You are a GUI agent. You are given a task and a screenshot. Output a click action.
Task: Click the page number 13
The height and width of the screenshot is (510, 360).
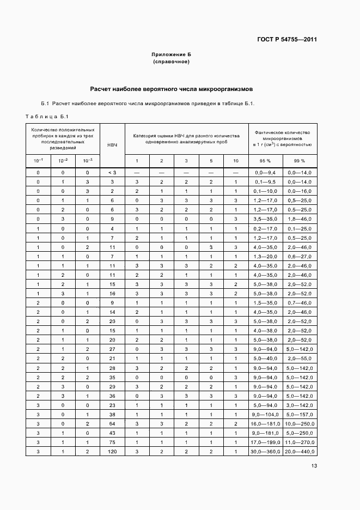point(314,465)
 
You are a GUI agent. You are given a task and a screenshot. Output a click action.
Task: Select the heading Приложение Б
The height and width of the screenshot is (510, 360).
point(171,55)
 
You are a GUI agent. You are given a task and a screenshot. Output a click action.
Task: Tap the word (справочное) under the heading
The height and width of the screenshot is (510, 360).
point(171,62)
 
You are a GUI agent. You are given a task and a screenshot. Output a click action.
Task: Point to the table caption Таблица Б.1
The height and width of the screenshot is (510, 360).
point(46,116)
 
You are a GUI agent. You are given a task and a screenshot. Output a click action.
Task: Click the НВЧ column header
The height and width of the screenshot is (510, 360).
point(112,145)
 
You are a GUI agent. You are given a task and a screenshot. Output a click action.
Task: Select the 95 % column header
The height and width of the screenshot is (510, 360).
point(264,161)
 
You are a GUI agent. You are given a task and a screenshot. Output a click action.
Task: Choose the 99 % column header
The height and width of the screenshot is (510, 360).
point(300,161)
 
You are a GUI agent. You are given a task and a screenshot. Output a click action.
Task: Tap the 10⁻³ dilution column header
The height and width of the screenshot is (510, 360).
point(88,160)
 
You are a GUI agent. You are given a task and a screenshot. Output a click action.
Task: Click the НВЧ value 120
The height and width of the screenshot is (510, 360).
point(112,451)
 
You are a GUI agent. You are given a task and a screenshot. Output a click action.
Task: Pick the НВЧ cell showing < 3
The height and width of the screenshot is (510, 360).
point(112,172)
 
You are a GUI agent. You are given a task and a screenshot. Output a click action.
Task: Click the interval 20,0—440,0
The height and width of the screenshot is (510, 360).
point(300,451)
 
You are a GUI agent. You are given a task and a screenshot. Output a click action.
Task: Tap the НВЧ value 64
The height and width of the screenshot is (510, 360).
point(112,424)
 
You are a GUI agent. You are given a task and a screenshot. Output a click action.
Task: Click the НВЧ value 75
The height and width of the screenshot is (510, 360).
point(112,442)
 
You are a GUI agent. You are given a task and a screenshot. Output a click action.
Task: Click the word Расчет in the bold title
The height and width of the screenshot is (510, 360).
point(102,89)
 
